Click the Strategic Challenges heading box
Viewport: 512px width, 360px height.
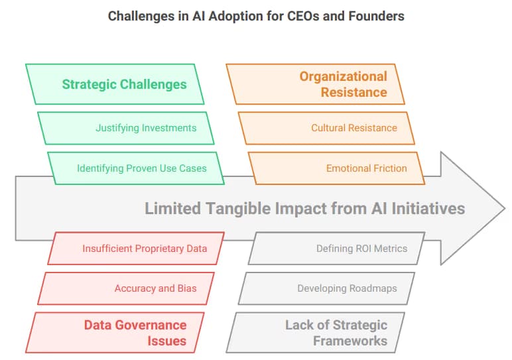pyautogui.click(x=115, y=84)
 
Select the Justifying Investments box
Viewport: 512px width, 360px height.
pyautogui.click(x=126, y=128)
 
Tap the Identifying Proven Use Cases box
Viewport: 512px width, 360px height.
pyautogui.click(x=136, y=168)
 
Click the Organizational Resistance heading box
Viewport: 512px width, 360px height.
pyautogui.click(x=316, y=84)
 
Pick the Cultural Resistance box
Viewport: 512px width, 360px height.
pyautogui.click(x=326, y=128)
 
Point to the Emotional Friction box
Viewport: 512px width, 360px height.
pyautogui.click(x=336, y=168)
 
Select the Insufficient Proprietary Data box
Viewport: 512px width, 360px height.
pyautogui.click(x=136, y=249)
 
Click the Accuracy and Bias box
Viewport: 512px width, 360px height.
pyautogui.click(x=126, y=288)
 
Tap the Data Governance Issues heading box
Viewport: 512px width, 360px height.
pyautogui.click(x=115, y=333)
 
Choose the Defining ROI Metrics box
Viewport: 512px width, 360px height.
pyautogui.click(x=336, y=249)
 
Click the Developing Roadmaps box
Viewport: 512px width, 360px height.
pyautogui.click(x=326, y=288)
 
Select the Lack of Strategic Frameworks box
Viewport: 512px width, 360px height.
pyautogui.click(x=316, y=333)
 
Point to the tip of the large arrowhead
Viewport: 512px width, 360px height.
pyautogui.click(x=505, y=208)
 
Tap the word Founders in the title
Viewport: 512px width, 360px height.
pyautogui.click(x=376, y=16)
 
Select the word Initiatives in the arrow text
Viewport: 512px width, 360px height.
pyautogui.click(x=428, y=209)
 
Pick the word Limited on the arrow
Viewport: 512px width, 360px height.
pyautogui.click(x=172, y=209)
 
